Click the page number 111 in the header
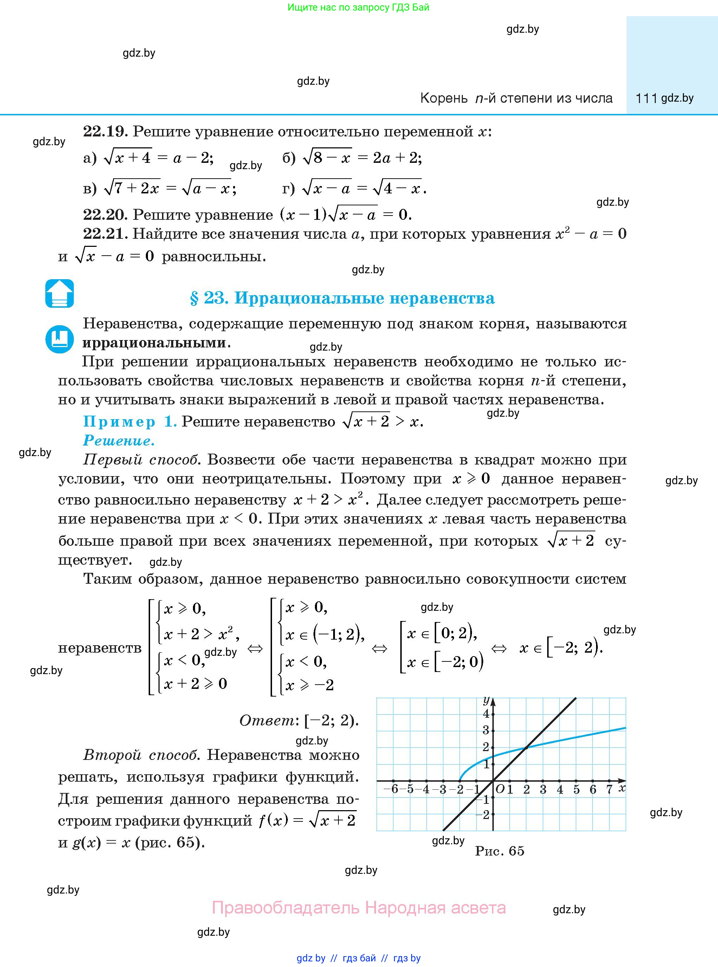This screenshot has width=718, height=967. click(646, 98)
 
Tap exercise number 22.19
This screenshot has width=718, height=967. click(105, 131)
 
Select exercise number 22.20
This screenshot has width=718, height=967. click(105, 214)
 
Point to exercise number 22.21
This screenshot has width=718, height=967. click(105, 234)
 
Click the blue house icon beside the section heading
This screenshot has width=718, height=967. click(59, 294)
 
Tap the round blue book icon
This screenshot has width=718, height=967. click(59, 339)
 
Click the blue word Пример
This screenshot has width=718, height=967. click(119, 421)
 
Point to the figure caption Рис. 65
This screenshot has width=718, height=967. click(500, 851)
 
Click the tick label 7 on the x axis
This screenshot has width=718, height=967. click(609, 789)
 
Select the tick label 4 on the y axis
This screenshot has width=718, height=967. click(486, 713)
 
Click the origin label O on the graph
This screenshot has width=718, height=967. click(499, 789)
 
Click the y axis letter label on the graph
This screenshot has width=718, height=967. click(486, 700)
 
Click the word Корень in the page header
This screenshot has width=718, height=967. click(444, 98)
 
